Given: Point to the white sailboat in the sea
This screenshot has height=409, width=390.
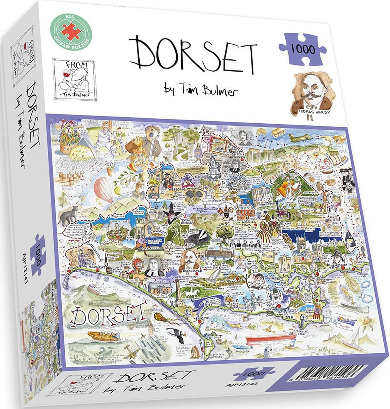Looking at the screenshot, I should (x=349, y=336).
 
